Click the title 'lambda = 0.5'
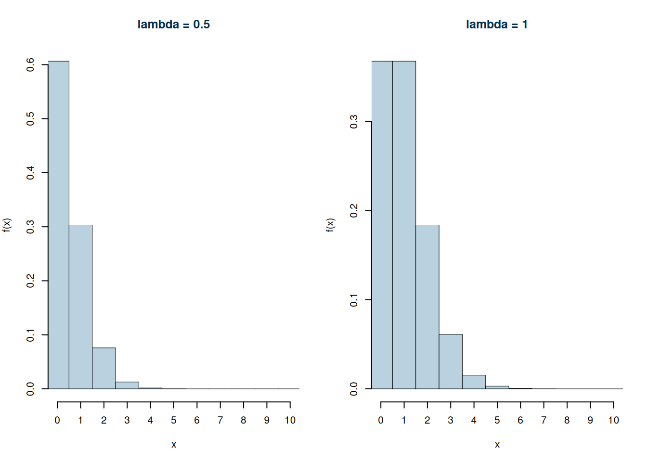coord(173,25)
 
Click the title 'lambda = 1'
coord(496,25)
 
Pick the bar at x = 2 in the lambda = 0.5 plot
coord(104,368)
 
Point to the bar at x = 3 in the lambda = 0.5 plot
coord(127,385)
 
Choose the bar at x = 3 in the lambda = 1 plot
coord(451,361)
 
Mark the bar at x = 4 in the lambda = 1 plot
coord(474,382)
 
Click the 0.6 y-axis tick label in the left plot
coord(30,64)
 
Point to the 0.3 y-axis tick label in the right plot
coord(354,122)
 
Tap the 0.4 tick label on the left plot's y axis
coord(30,172)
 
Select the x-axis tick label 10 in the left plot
coord(290,420)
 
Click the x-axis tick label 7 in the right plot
coord(543,420)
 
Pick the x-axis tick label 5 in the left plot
coord(173,420)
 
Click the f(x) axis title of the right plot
coord(330,225)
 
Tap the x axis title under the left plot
coord(173,445)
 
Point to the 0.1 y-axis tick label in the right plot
coord(354,300)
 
